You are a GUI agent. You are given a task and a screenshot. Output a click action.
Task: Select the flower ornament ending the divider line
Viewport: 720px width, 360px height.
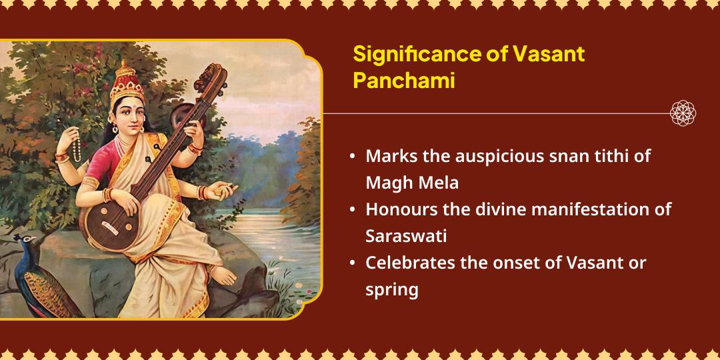point(683,113)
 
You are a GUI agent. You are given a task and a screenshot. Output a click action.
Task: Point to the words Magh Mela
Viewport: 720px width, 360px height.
point(412,183)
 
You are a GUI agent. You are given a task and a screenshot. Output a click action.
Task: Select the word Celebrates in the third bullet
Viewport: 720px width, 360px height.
point(407,262)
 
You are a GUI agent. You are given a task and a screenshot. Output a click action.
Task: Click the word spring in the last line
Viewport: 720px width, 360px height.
point(391,290)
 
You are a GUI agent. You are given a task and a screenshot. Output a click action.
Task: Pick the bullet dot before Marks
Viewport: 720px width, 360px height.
point(352,158)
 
